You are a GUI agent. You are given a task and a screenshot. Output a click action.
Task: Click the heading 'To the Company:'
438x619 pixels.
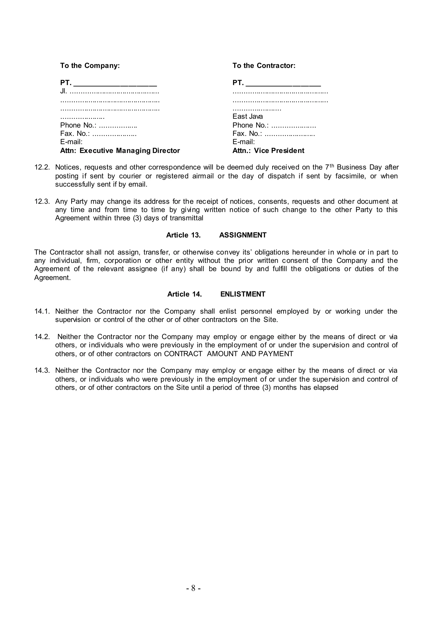click(x=90, y=65)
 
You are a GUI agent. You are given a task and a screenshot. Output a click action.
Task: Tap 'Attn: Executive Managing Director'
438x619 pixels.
click(x=120, y=151)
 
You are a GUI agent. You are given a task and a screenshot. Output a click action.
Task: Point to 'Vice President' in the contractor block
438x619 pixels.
click(x=279, y=151)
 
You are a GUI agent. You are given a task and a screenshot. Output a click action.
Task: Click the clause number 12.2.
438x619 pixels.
click(x=42, y=167)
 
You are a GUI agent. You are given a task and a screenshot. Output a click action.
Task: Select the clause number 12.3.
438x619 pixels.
click(x=42, y=201)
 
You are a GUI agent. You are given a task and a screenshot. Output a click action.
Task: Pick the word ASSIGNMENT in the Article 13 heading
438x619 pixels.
click(x=243, y=235)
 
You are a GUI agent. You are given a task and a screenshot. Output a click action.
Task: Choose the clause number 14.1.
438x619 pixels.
click(x=42, y=311)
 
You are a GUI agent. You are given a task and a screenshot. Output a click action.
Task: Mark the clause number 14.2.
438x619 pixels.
click(x=42, y=337)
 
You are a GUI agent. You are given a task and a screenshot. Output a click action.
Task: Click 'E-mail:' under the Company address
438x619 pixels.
click(x=71, y=142)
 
